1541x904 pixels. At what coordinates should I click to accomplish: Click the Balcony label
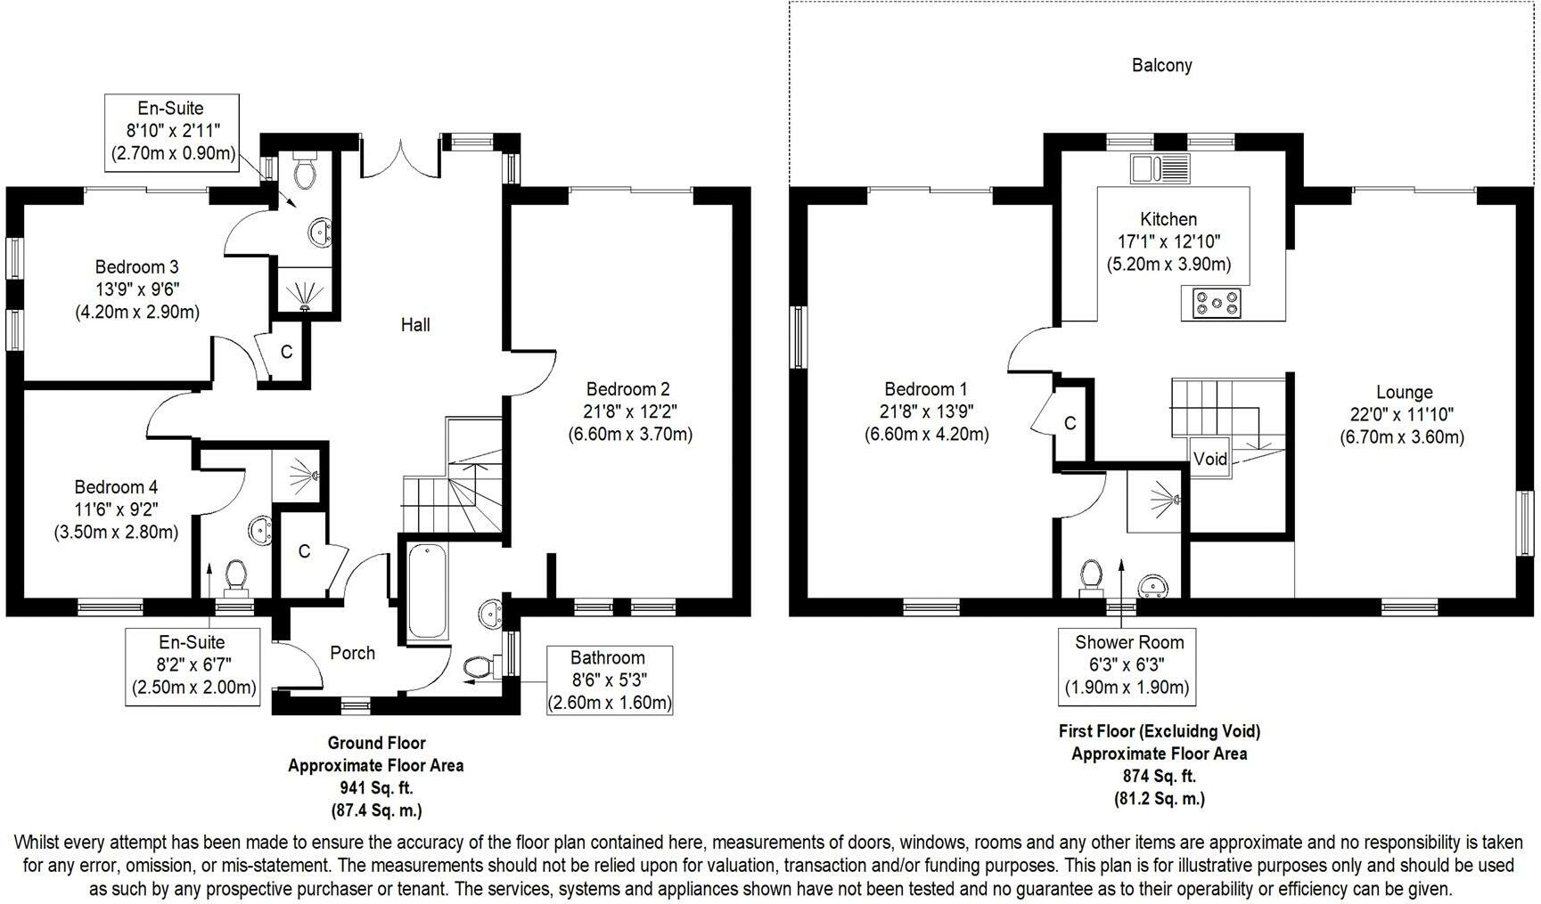coord(1161,65)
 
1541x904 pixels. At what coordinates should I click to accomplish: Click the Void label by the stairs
coord(1209,460)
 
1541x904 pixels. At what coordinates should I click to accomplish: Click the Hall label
coord(415,325)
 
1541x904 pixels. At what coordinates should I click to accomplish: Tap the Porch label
coord(352,653)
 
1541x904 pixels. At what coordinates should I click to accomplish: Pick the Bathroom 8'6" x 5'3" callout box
coord(609,680)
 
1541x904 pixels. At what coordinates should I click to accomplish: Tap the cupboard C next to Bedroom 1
coord(1070,424)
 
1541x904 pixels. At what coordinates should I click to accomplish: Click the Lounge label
coord(1404,392)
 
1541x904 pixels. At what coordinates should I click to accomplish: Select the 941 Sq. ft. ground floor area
coord(375,788)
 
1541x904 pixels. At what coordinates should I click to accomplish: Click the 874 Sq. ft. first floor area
coord(1159,776)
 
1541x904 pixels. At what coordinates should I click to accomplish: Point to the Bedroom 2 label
coord(627,389)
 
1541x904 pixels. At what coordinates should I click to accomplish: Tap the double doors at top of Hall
coord(401,160)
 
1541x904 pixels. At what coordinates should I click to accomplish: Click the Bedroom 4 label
coord(116,487)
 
